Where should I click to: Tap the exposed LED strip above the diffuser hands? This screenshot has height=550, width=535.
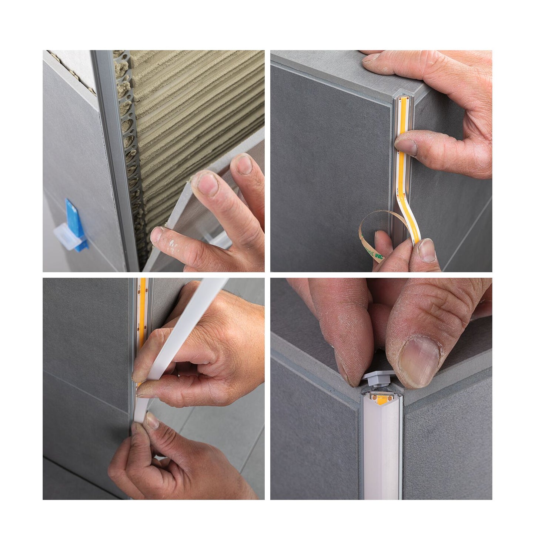143,304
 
